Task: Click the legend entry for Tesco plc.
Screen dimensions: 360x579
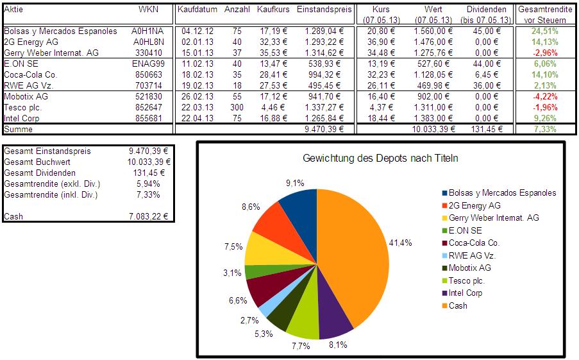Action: pyautogui.click(x=467, y=280)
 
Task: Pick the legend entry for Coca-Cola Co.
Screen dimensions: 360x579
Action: pyautogui.click(x=474, y=243)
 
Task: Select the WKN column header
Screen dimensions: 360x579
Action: pyautogui.click(x=147, y=10)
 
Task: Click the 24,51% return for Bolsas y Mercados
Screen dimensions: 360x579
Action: pyautogui.click(x=546, y=31)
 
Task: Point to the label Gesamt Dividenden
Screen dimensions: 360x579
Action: pyautogui.click(x=40, y=173)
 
